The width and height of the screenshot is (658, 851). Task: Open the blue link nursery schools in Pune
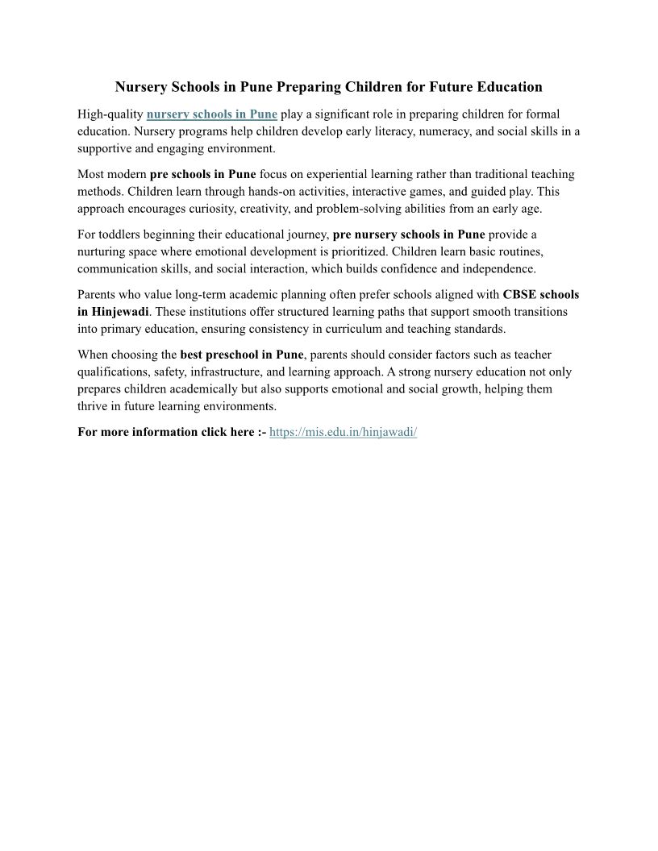pos(212,114)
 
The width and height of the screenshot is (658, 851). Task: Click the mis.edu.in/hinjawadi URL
pos(343,432)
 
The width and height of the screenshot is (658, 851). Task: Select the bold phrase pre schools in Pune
pos(203,174)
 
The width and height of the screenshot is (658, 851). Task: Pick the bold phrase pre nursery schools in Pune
pos(409,235)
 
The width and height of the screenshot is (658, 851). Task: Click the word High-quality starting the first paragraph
pos(110,114)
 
